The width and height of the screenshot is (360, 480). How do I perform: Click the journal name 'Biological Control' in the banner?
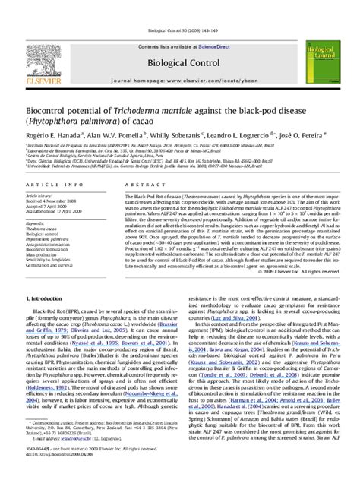tap(178, 43)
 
